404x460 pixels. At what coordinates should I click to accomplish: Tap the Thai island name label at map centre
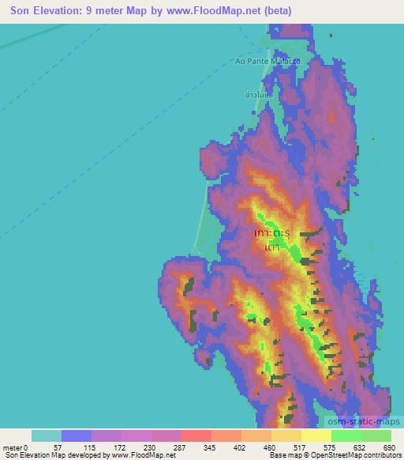point(273,240)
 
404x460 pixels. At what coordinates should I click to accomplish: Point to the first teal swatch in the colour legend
point(47,435)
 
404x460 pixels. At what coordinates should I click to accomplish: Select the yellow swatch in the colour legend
point(316,435)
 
